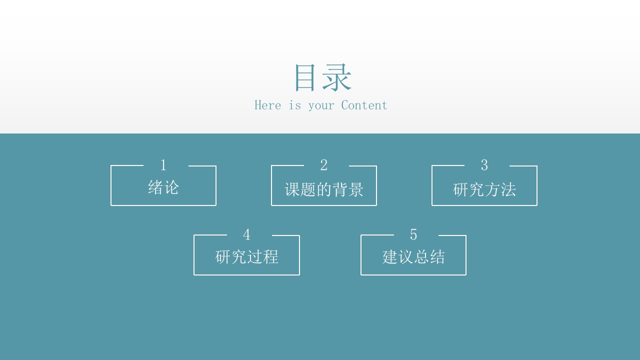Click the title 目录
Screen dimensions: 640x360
tap(323, 77)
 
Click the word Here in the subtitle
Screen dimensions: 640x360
tap(267, 105)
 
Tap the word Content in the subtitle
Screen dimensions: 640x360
tap(364, 105)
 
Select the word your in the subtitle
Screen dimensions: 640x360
tap(321, 106)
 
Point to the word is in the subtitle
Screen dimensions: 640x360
tap(295, 105)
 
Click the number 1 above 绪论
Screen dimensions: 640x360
tap(163, 165)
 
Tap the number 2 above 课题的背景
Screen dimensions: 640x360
tap(323, 165)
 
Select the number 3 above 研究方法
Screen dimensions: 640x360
tap(484, 165)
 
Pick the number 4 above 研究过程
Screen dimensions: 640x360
tap(246, 234)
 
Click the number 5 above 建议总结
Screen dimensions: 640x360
tap(413, 234)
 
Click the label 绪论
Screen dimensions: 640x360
tap(163, 187)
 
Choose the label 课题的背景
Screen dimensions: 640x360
tap(323, 189)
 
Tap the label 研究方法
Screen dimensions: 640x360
tap(484, 189)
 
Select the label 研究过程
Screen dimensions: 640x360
tap(246, 256)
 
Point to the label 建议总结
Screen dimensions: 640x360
tap(413, 256)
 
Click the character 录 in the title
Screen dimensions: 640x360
tap(337, 77)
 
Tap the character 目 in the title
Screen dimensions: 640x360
tap(305, 77)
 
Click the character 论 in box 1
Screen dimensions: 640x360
tap(171, 187)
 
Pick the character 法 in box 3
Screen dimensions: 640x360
tap(508, 189)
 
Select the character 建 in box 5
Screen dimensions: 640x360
tap(389, 256)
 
